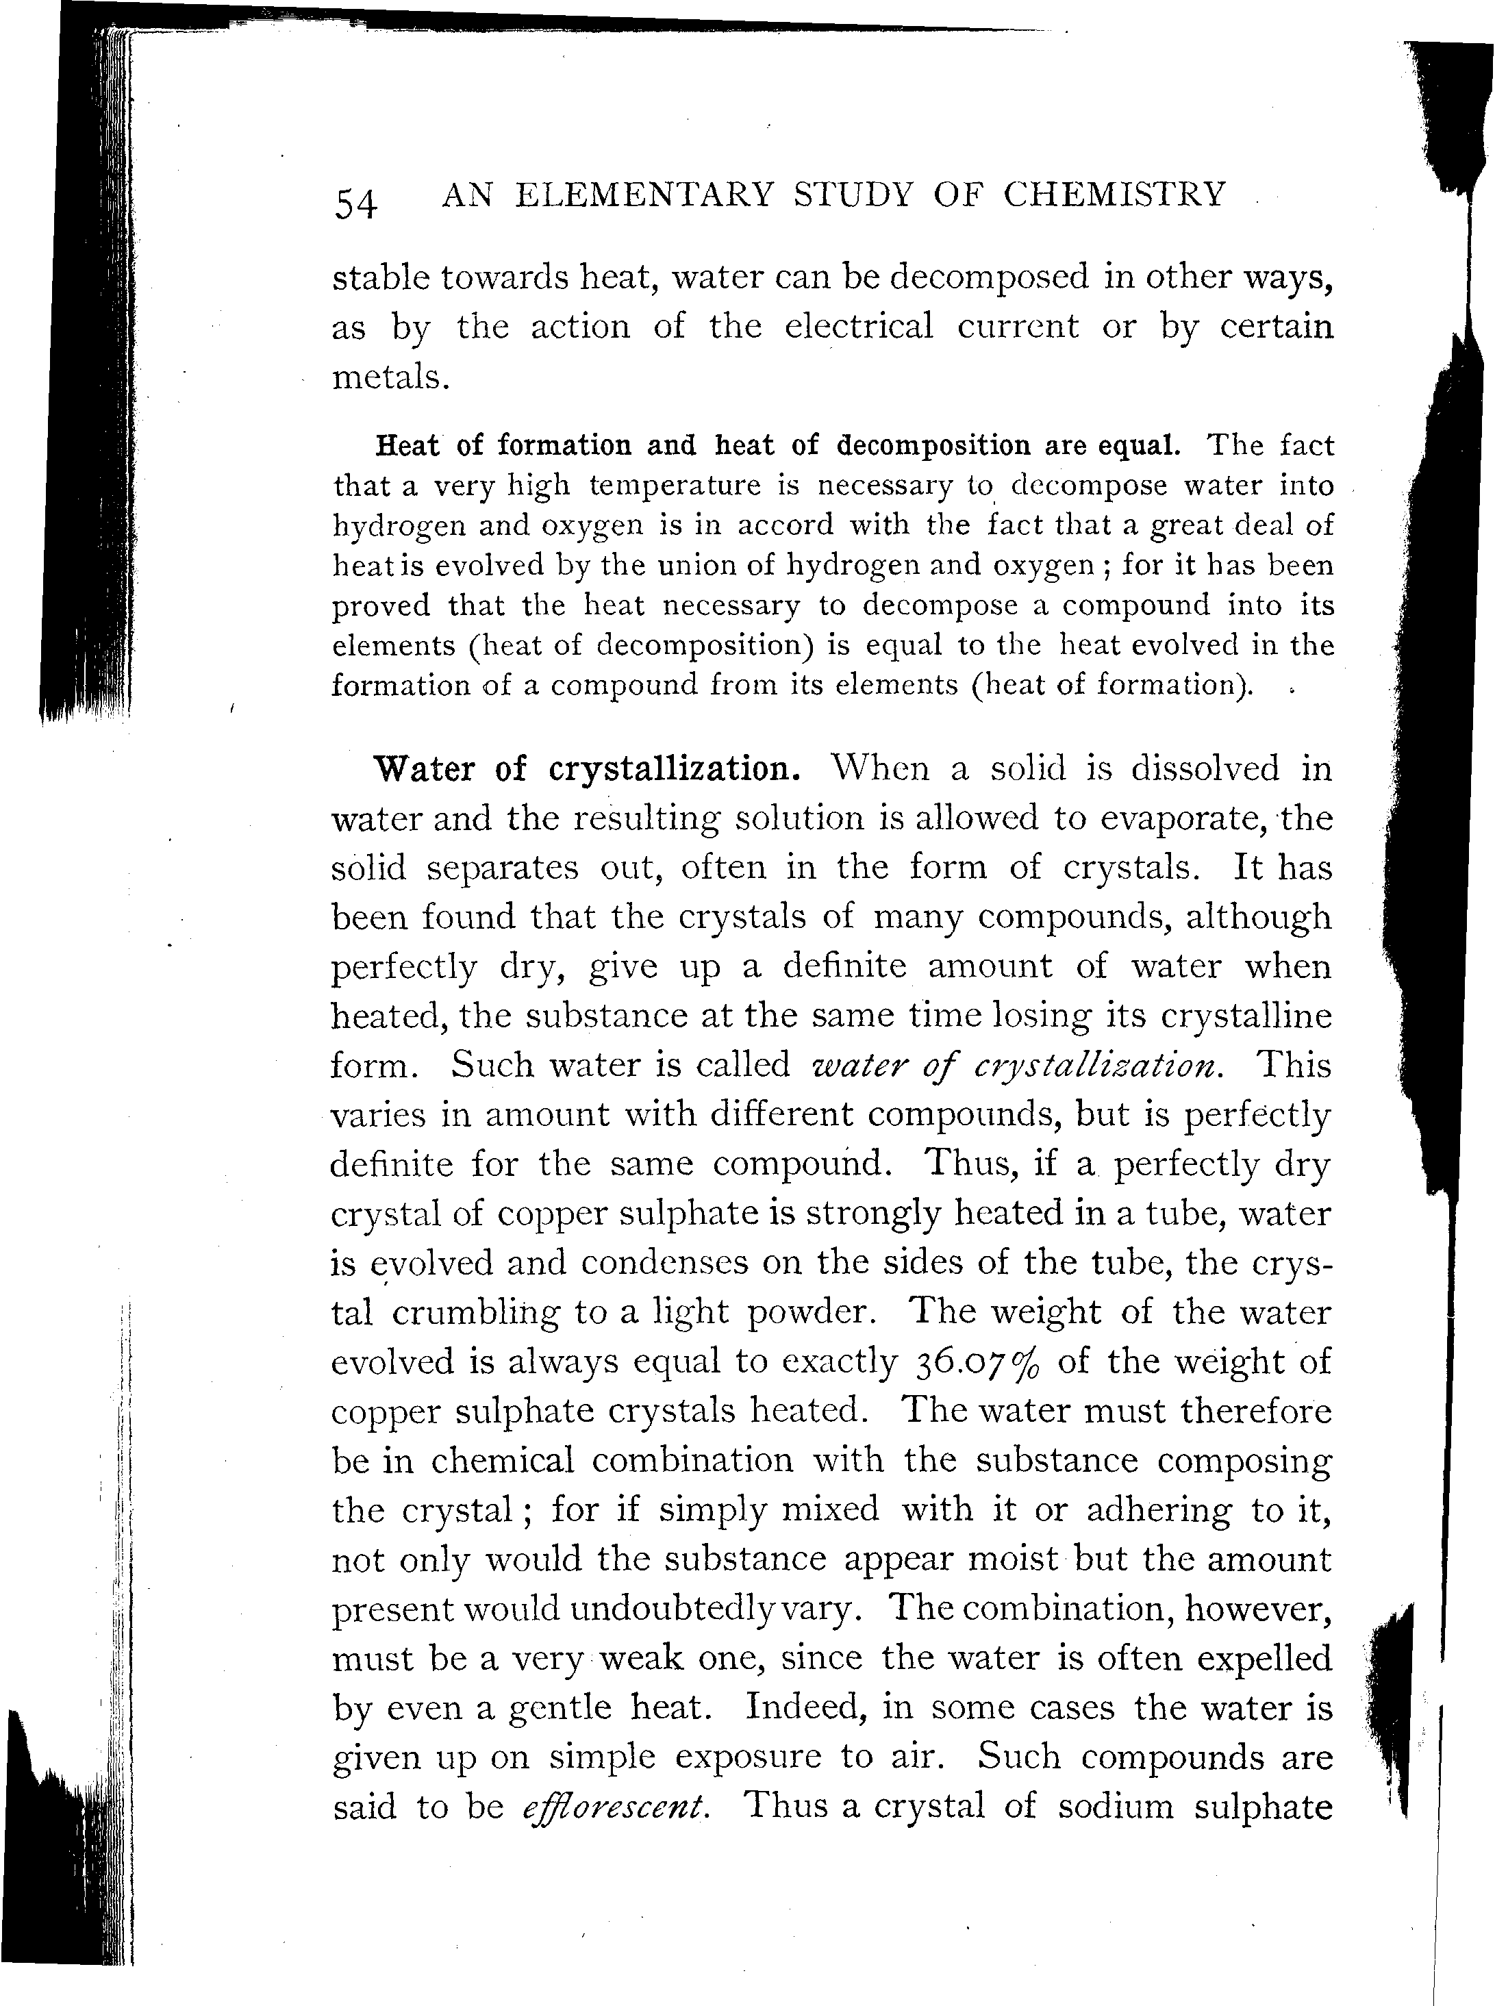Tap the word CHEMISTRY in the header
click(1114, 195)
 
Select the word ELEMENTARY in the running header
click(644, 195)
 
